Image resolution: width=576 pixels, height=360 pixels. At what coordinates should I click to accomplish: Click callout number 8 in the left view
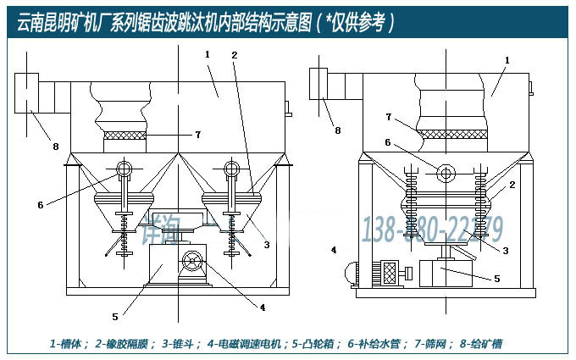tap(56, 147)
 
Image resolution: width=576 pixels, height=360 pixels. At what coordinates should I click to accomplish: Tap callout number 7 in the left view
tap(197, 134)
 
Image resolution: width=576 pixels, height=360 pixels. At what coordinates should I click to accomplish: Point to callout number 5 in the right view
tap(496, 278)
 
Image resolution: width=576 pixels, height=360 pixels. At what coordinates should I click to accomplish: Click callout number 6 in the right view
tap(388, 142)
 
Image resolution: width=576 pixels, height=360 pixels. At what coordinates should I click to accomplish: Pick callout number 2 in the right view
tap(512, 185)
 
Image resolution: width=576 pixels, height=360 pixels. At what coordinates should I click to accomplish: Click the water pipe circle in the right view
tap(444, 173)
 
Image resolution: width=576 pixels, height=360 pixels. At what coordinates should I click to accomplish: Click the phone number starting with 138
tap(433, 229)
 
